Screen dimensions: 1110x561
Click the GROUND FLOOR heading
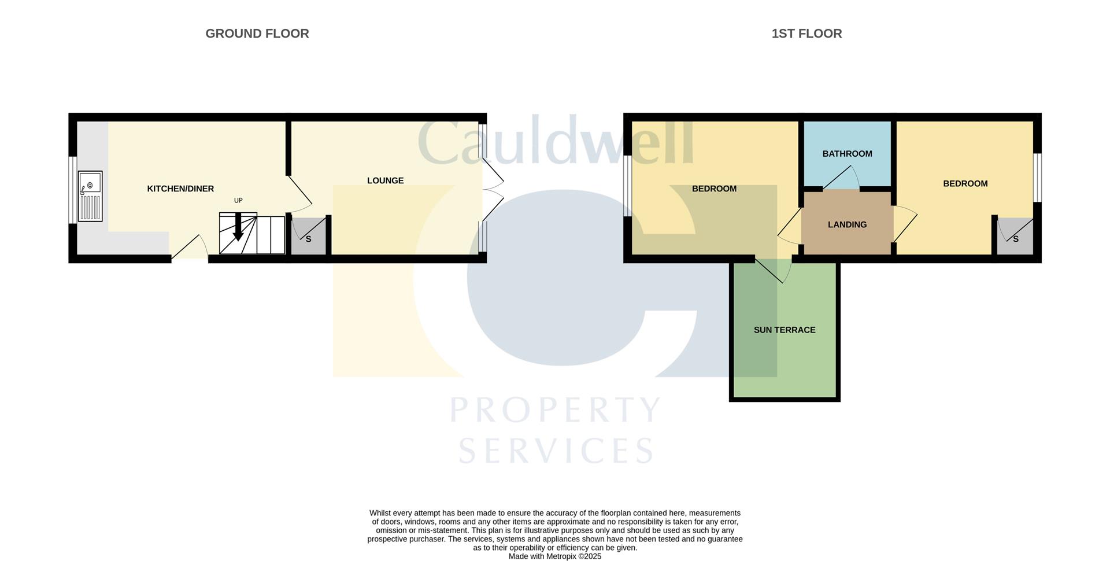(257, 34)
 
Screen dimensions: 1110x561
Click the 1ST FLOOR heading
(806, 34)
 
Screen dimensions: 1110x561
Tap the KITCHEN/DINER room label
(180, 189)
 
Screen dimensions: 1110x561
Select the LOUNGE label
(385, 180)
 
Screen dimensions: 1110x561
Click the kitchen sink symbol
(90, 196)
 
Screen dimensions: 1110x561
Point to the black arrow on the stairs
(238, 227)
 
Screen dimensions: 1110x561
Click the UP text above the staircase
(238, 201)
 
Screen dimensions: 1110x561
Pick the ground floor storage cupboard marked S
(309, 236)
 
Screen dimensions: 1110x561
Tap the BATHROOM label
(847, 154)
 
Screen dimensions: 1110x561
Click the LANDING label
(847, 224)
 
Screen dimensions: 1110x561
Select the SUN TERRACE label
(785, 330)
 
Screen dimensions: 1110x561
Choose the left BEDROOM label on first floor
(714, 189)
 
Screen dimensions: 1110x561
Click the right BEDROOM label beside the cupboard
(965, 183)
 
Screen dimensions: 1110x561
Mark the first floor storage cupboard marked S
(1015, 236)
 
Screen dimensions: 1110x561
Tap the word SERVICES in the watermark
(556, 450)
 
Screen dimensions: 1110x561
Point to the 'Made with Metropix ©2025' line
(555, 556)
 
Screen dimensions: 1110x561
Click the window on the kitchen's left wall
(73, 190)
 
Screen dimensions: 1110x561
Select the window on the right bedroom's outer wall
(1038, 178)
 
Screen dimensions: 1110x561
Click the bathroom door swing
(842, 176)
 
